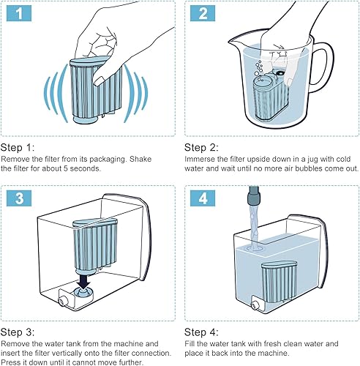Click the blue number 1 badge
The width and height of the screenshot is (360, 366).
19,13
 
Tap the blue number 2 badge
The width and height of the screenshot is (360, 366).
203,13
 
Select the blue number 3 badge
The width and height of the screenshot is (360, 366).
19,198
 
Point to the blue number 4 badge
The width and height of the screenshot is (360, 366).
203,198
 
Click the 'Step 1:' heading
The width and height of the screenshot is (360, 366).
18,148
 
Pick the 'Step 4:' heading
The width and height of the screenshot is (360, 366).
201,332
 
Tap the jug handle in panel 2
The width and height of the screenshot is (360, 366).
323,67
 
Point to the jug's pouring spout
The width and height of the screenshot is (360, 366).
235,42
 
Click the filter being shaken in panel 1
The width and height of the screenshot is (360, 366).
97,90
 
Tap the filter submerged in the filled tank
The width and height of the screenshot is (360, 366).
280,280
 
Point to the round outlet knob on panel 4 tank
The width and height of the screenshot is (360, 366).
255,305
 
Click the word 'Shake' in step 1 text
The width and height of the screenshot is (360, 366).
140,159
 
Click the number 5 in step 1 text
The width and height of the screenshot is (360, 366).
66,168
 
